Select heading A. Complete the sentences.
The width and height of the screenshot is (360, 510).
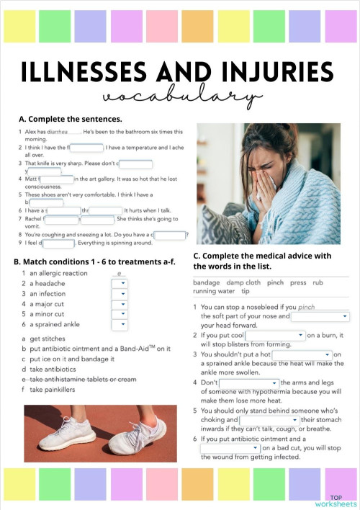coord(70,119)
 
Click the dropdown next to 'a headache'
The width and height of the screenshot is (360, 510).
coord(120,284)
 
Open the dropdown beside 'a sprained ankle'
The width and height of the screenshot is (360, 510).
coord(120,324)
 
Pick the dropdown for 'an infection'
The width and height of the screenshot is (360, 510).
coord(120,294)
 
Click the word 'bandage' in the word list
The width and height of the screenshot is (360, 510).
coord(207,282)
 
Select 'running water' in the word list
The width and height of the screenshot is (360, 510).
coord(215,291)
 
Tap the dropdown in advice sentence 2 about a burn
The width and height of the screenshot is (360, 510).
coord(275,335)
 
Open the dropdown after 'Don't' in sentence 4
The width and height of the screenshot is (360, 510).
coord(248,382)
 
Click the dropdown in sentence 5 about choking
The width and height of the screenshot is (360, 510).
coord(269,419)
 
